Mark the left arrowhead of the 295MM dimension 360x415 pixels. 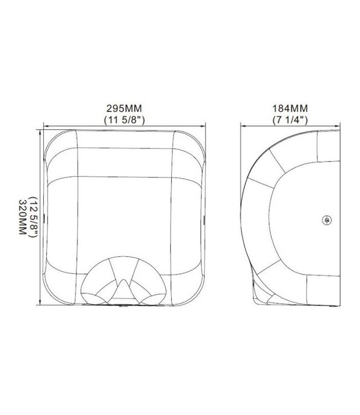click(x=45, y=125)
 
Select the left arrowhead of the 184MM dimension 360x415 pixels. click(x=242, y=125)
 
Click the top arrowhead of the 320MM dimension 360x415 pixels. click(x=40, y=132)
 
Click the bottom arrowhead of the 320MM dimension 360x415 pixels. click(x=40, y=304)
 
